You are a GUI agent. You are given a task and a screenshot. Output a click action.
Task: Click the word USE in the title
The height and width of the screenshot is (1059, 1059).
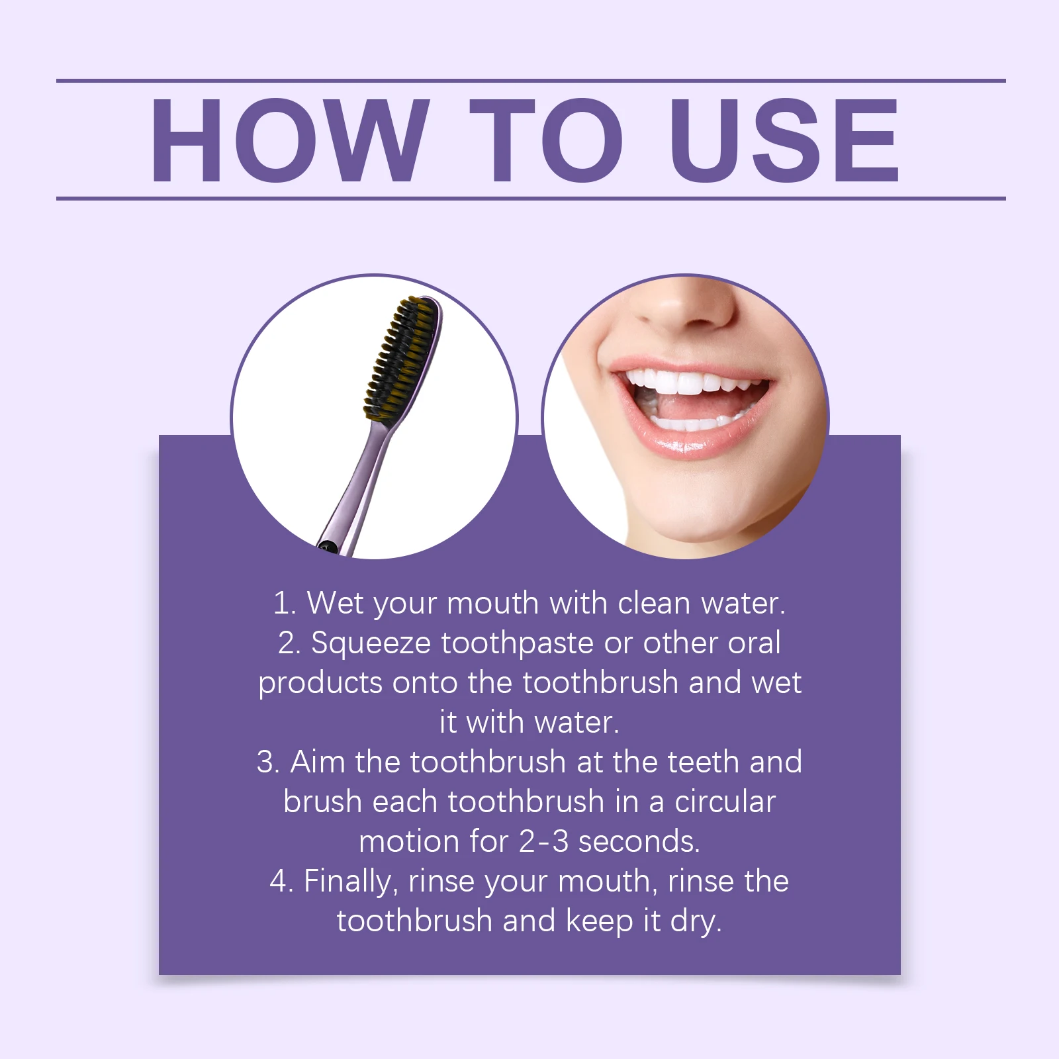point(784,140)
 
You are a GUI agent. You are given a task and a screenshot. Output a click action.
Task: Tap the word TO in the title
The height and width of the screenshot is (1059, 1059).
point(546,140)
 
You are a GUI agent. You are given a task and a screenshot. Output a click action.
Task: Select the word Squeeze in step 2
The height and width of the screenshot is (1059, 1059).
point(371,643)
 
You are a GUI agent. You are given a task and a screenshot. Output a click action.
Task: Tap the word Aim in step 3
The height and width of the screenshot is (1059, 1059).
point(317,762)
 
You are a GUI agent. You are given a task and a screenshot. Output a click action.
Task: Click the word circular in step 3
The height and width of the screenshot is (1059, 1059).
point(725,802)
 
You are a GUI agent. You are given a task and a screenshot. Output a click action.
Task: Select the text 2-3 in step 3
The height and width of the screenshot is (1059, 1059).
point(543,842)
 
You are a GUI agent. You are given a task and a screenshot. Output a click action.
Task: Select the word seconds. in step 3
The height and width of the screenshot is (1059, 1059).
point(639,842)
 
